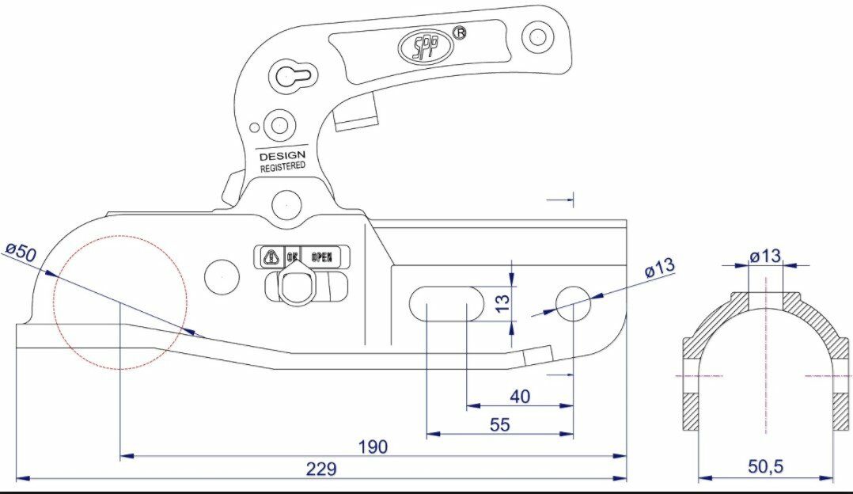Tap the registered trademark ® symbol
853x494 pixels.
pos(459,32)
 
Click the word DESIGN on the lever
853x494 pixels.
pos(282,156)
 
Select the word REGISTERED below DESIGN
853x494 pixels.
pos(282,167)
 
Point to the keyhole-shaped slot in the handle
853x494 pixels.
pos(294,77)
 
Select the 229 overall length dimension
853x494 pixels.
pos(321,469)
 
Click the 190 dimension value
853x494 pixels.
pos(372,446)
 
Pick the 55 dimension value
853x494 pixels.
pos(499,424)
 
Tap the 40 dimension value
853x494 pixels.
pos(520,396)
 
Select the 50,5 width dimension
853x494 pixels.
pos(765,467)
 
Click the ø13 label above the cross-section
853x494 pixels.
pos(764,256)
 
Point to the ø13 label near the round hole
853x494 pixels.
pos(659,267)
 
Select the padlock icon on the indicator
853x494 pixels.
pos(271,257)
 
